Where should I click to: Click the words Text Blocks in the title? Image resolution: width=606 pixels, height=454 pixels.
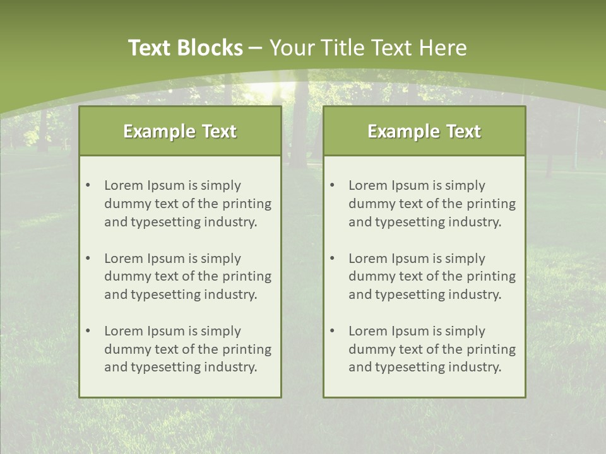point(185,48)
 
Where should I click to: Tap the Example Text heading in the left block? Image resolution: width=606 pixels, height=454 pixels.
point(180,131)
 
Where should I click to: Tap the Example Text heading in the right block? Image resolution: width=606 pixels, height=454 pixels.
point(424,131)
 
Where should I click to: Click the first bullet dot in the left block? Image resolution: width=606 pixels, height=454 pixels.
point(88,185)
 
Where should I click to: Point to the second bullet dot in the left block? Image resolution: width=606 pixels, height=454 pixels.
point(88,259)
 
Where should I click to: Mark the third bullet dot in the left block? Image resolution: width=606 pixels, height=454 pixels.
point(88,331)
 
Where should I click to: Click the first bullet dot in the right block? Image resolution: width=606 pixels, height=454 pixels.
point(332,185)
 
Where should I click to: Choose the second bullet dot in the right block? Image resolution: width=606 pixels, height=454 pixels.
point(332,259)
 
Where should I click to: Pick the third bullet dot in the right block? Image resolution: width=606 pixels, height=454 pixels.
point(332,331)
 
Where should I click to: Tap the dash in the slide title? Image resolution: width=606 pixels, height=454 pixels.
point(256,48)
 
